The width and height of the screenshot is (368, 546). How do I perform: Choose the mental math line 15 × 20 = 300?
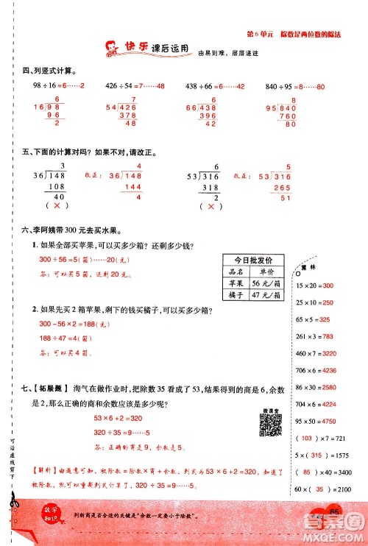click(314, 285)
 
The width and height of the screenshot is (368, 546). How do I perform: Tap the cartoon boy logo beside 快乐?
click(113, 49)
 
